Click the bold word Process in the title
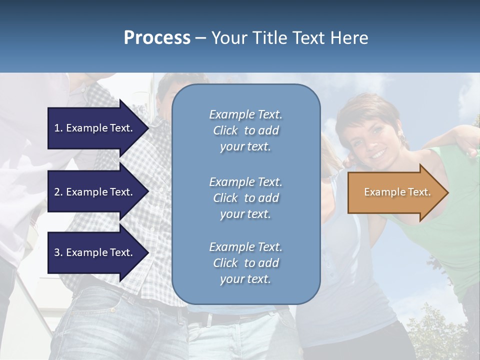point(157,38)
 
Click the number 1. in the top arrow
point(58,128)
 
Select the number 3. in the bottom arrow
point(58,252)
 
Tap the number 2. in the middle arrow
point(58,192)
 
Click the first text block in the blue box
point(245,130)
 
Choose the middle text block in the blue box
point(245,198)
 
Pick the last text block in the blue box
point(245,263)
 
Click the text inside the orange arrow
point(397,192)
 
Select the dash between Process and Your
point(200,38)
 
